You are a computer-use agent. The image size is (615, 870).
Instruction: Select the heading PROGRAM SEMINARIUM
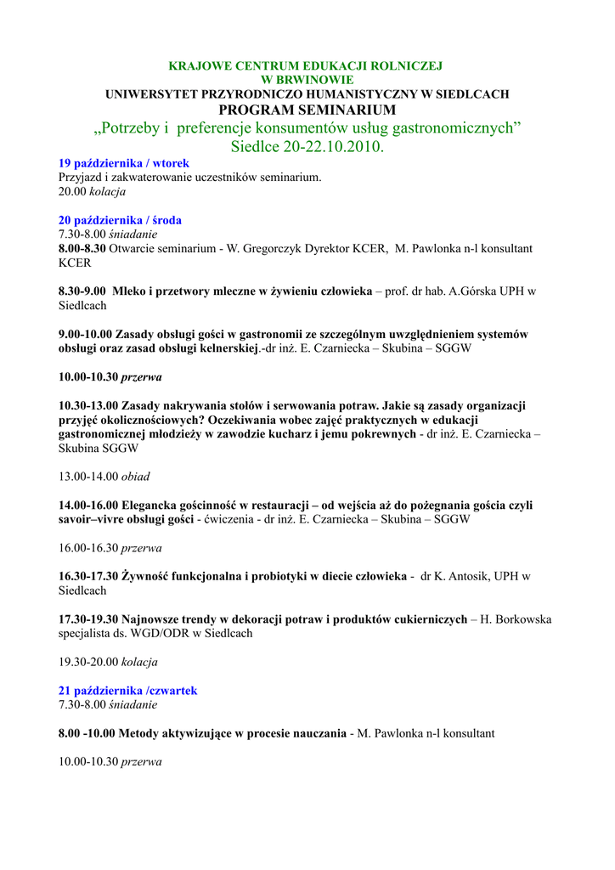tap(307, 110)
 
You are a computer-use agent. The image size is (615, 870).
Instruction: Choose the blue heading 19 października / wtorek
tap(123, 163)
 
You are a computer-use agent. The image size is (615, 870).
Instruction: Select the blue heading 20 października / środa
tap(120, 220)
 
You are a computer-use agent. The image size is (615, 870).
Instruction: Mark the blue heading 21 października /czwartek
tap(127, 691)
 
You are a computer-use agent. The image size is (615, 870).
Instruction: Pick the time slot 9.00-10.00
tap(85, 334)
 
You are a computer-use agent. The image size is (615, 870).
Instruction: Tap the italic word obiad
tap(136, 477)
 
